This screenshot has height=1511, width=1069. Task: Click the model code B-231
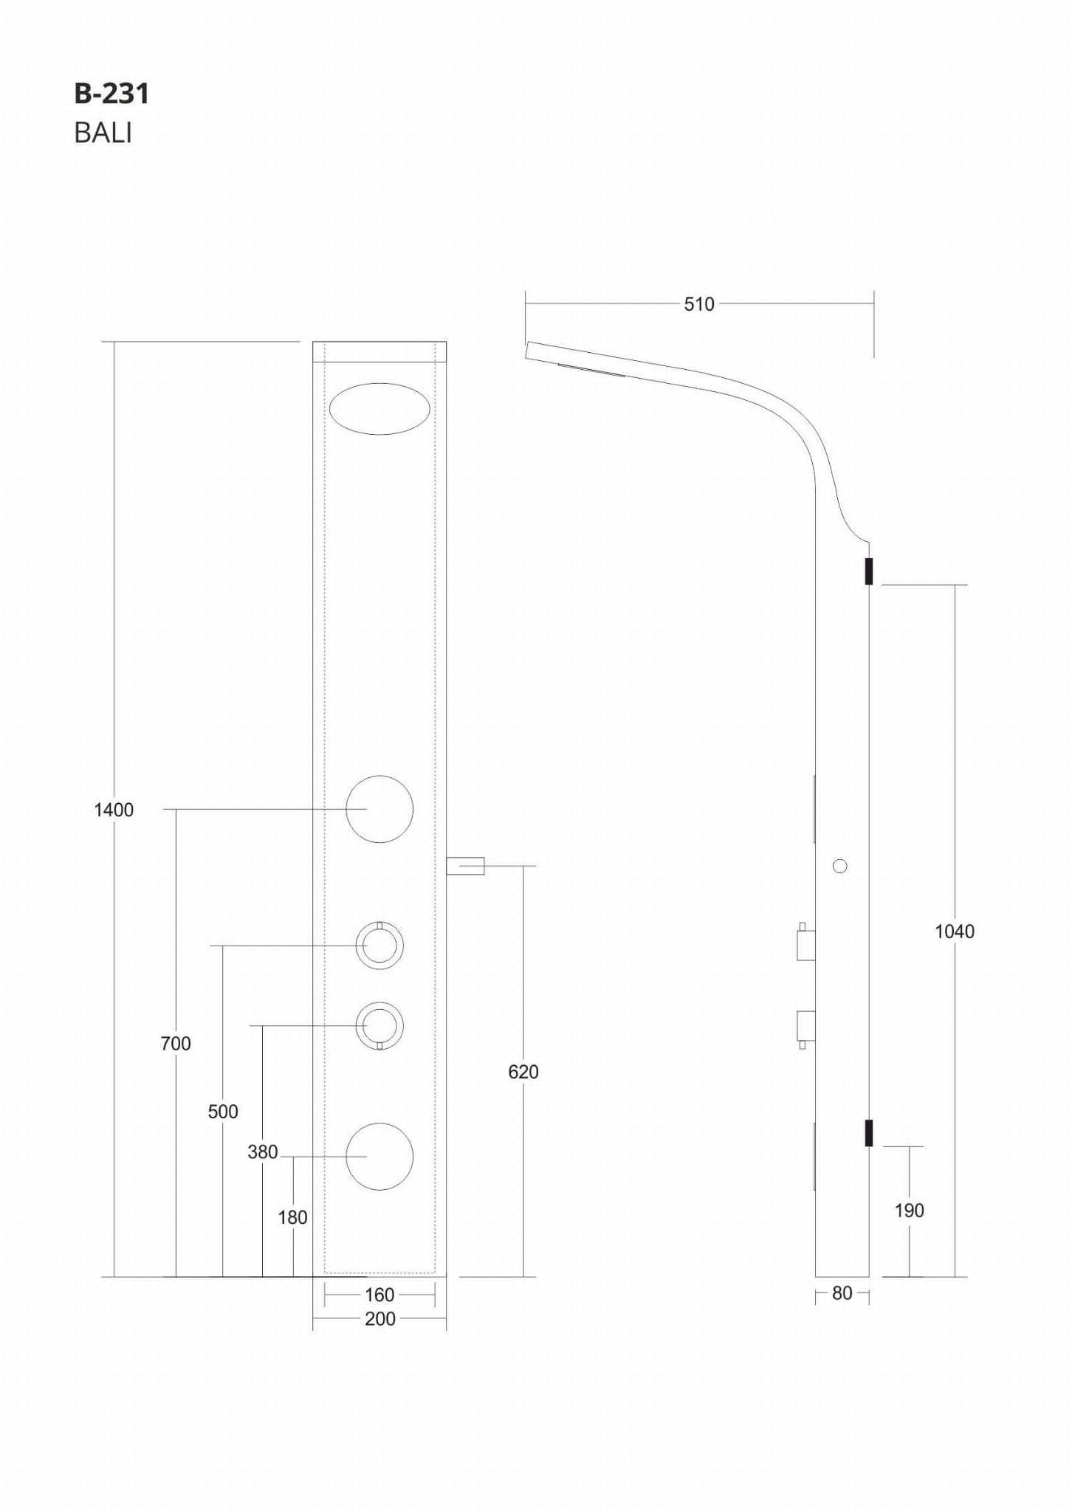111,94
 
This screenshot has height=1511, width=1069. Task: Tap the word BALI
103,133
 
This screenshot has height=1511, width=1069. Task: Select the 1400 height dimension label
114,810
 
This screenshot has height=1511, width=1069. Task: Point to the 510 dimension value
698,304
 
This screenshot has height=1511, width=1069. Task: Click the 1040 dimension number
955,932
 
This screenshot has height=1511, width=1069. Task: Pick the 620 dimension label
523,1072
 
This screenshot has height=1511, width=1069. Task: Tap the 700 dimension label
176,1044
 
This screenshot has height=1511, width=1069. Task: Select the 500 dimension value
223,1112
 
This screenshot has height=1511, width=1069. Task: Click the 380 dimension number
263,1152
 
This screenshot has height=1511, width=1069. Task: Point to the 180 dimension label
293,1217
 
